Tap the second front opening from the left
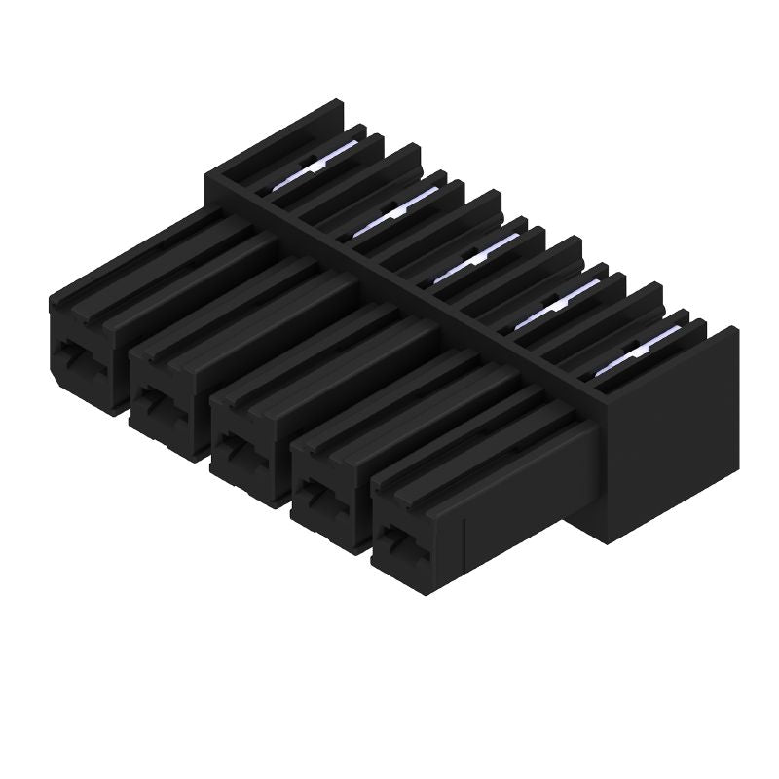pos(158,401)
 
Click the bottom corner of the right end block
pos(609,540)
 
